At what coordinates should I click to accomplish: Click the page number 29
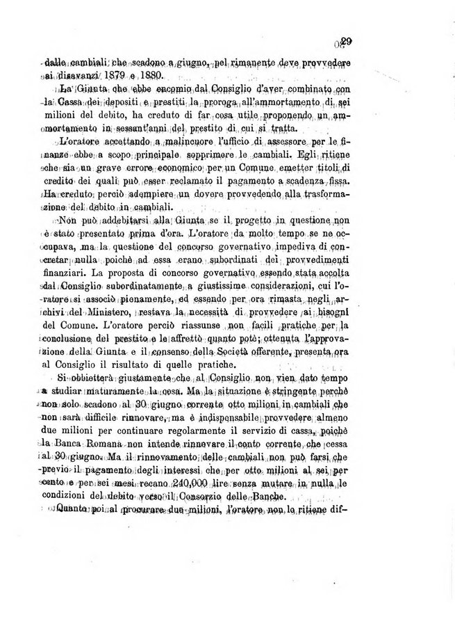click(347, 41)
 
